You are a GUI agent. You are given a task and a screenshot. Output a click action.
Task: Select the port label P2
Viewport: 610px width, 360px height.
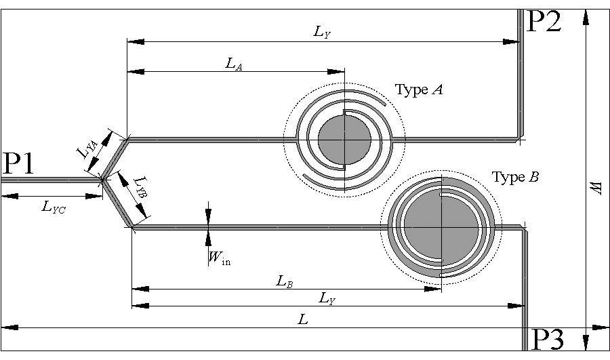coord(544,22)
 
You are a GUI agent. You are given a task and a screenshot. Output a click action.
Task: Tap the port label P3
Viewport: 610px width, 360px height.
coord(546,339)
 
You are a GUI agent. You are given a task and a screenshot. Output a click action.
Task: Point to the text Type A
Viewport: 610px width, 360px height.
coord(419,89)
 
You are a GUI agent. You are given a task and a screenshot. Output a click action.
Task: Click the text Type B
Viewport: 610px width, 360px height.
coord(516,178)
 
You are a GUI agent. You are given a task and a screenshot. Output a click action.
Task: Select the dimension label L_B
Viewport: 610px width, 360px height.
coord(285,281)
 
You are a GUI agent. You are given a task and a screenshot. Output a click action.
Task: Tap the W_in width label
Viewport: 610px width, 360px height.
coord(219,257)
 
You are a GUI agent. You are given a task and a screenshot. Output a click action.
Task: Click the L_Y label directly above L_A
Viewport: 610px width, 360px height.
coord(323,33)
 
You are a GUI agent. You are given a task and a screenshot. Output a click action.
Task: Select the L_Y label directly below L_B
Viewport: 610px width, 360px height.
coord(327,298)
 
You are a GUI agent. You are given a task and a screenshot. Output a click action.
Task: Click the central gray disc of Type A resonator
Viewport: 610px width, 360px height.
coord(344,139)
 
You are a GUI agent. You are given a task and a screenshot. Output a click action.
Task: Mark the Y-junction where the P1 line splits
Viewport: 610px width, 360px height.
coord(102,180)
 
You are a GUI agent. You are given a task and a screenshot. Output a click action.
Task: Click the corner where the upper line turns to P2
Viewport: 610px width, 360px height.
coord(520,139)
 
